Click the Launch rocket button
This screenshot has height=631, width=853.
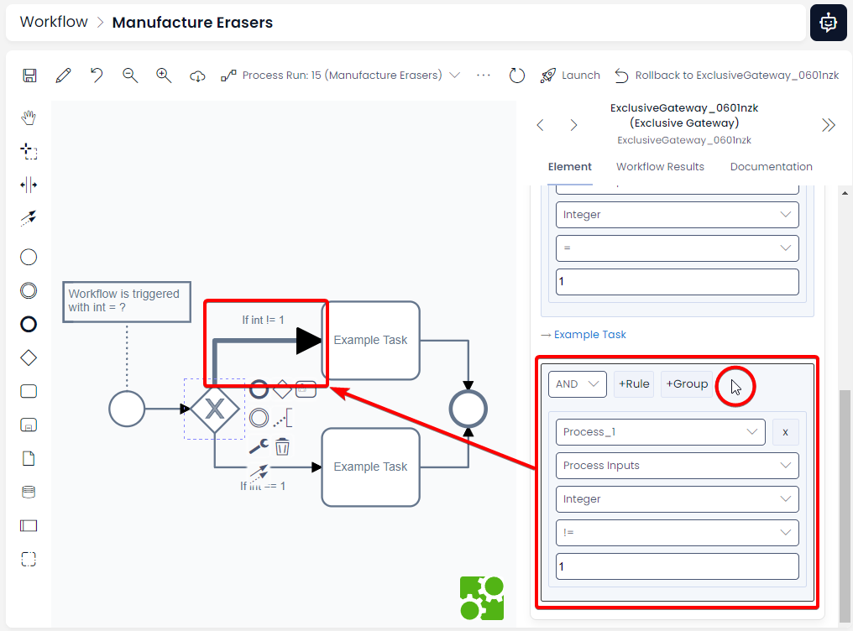[570, 76]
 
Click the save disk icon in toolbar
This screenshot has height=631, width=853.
[29, 76]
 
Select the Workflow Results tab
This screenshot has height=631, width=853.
[660, 167]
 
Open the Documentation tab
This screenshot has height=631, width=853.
[771, 167]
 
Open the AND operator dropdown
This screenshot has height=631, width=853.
[578, 384]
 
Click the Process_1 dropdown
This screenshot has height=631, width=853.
[660, 432]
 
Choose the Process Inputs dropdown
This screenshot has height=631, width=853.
[677, 466]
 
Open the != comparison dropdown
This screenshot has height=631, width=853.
[677, 533]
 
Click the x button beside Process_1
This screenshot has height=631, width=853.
[785, 432]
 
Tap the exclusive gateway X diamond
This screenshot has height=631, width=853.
[215, 409]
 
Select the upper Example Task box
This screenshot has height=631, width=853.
[370, 340]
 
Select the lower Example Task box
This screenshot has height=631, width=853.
[370, 467]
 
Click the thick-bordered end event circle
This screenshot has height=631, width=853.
[468, 409]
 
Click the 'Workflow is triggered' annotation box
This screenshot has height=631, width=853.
[126, 300]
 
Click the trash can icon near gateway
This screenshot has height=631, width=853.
[282, 446]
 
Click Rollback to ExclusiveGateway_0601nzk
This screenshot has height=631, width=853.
[727, 76]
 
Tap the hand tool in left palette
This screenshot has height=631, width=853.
[29, 117]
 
